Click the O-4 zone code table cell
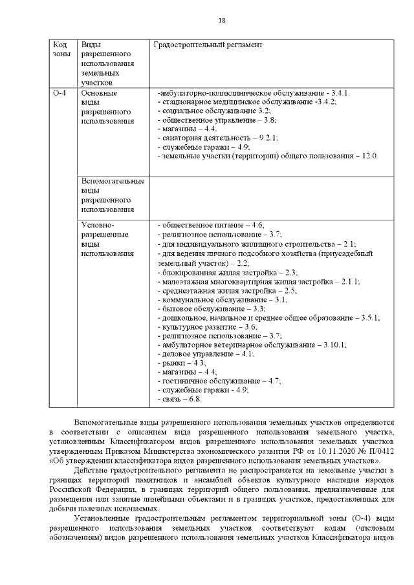tap(60, 94)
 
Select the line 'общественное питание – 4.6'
tap(211, 225)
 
